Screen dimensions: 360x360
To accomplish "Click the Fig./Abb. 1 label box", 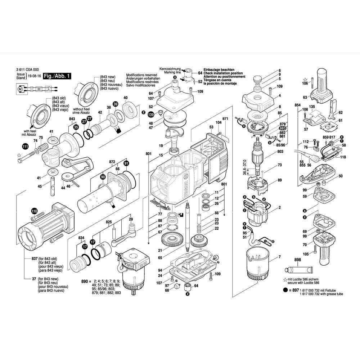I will pyautogui.click(x=57, y=77).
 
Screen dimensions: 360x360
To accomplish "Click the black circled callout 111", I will pyautogui.click(x=25, y=147).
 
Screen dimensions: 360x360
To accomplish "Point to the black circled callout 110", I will pyautogui.click(x=34, y=211).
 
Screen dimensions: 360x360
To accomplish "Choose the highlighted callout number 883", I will pyautogui.click(x=283, y=128).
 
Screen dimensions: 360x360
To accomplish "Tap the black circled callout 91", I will pyautogui.click(x=126, y=164).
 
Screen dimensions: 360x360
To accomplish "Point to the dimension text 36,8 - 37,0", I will pyautogui.click(x=245, y=168).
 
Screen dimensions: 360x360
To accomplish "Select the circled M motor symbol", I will pyautogui.click(x=20, y=88).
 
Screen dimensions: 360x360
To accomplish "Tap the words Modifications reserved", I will pyautogui.click(x=140, y=75).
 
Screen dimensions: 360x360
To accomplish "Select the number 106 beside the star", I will pyautogui.click(x=305, y=83).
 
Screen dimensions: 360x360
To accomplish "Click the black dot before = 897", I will pyautogui.click(x=285, y=289).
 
